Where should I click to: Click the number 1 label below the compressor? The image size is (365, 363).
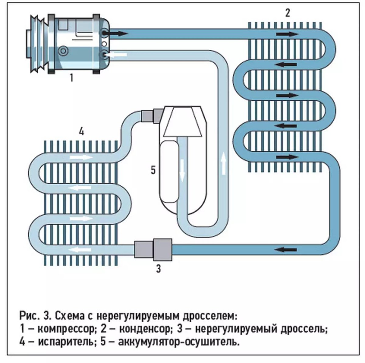click(x=71, y=78)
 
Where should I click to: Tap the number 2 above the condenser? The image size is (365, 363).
click(x=288, y=13)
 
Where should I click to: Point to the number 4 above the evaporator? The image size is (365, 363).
click(x=81, y=132)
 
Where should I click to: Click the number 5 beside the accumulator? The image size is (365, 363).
click(x=153, y=170)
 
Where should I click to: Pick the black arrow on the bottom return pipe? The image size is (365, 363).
click(x=286, y=249)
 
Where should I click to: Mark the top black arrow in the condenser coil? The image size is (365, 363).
click(x=287, y=34)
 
